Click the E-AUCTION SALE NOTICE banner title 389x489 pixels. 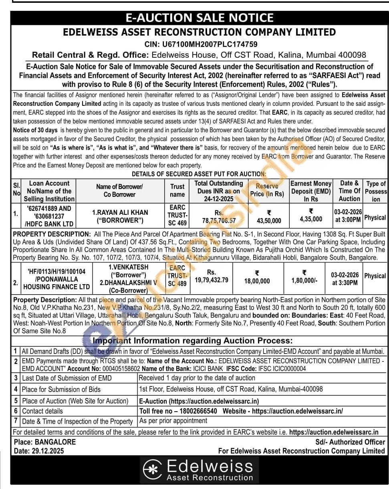[199, 18]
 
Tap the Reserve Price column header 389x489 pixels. [267, 190]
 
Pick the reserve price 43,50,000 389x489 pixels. [268, 220]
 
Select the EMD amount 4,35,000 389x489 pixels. [311, 219]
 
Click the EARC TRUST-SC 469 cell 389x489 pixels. [177, 215]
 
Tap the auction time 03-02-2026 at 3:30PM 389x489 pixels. [345, 279]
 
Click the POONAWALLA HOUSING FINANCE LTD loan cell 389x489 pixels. [56, 279]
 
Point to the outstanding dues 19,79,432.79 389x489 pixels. [212, 280]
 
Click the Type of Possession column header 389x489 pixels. [375, 191]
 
